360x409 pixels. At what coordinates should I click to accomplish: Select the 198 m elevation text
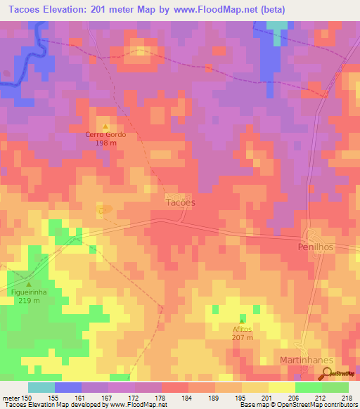(x=106, y=143)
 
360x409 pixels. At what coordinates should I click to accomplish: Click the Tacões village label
(x=180, y=202)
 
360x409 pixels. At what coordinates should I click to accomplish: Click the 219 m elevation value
(x=29, y=300)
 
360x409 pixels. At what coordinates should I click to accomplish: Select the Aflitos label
(x=243, y=328)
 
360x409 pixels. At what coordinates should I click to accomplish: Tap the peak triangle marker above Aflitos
(x=243, y=320)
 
